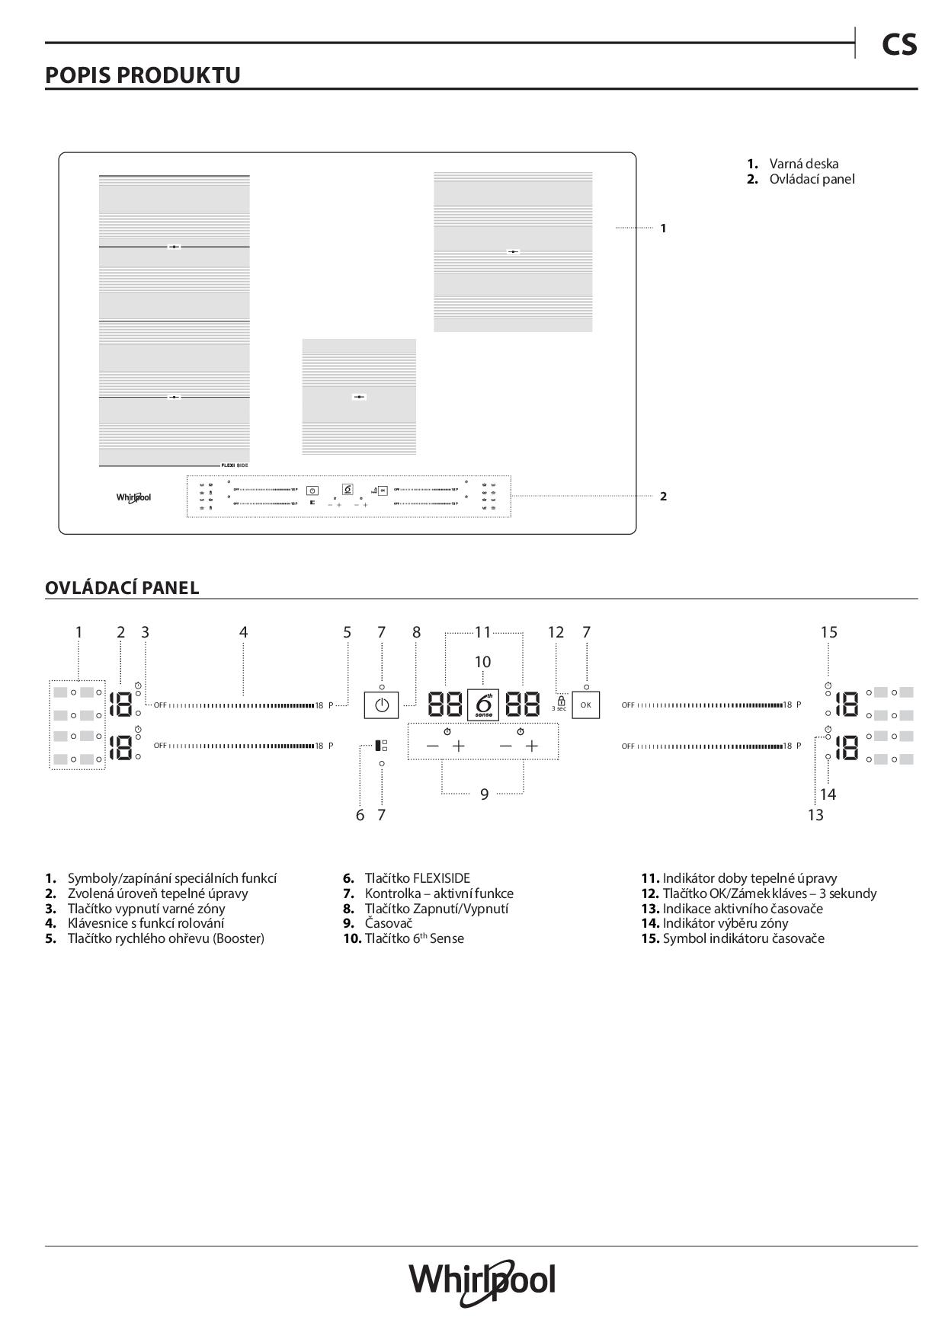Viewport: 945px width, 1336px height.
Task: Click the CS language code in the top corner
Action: [899, 45]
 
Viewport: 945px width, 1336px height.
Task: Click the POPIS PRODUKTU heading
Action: [143, 75]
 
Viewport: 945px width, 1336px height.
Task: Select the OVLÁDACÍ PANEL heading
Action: [122, 588]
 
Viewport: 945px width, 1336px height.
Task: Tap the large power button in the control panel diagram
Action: [382, 705]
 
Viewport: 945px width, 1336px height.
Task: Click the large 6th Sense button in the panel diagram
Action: [482, 705]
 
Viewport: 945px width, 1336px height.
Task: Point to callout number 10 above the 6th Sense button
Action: [482, 662]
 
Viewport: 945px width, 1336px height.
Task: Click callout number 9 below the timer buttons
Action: [484, 794]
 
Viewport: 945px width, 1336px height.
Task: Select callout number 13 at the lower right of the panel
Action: [815, 815]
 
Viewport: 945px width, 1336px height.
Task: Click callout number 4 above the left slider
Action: [243, 632]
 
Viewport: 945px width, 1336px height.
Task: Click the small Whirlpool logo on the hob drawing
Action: [133, 497]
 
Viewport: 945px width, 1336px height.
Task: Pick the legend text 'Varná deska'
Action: [803, 164]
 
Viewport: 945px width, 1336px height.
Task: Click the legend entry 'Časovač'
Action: [389, 923]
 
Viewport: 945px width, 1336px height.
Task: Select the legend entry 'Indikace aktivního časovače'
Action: [742, 908]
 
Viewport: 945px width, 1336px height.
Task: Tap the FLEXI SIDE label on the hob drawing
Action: [235, 465]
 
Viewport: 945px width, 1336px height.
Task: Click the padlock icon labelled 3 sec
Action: [561, 700]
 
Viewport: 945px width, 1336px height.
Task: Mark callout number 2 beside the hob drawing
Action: [663, 496]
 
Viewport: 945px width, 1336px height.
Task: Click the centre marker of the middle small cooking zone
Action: [359, 396]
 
